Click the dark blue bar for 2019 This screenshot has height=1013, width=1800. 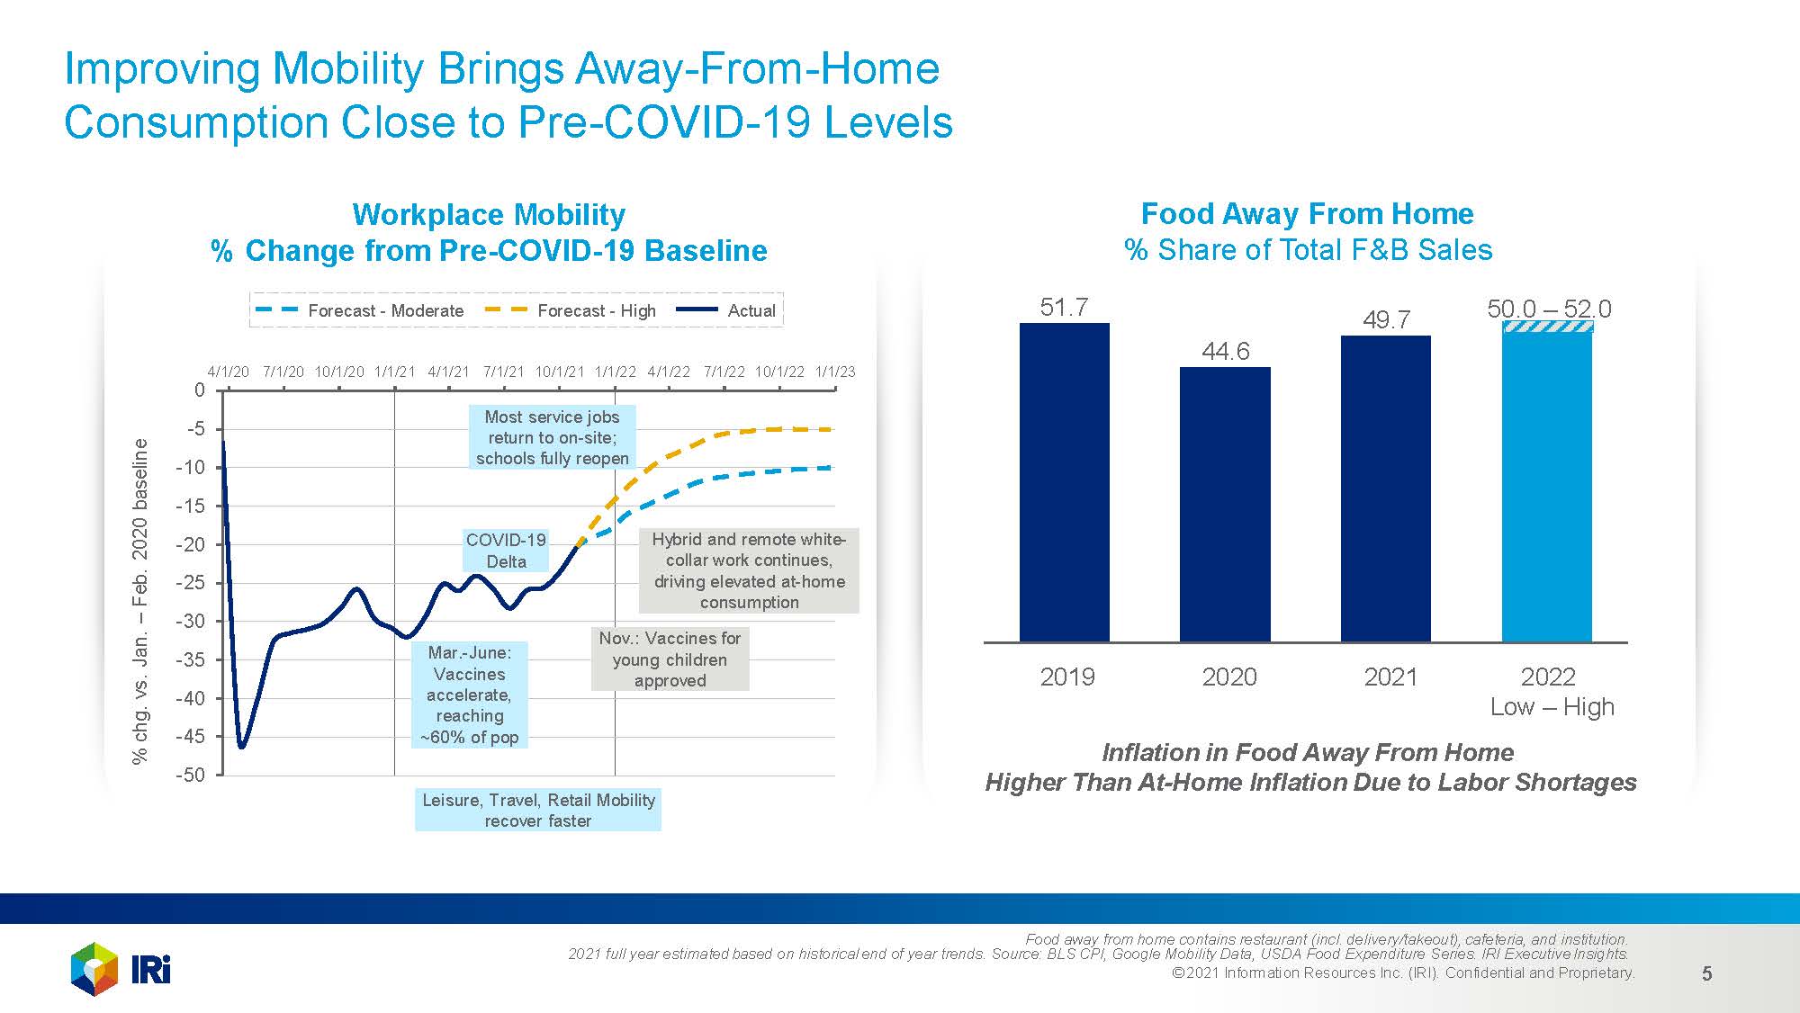pos(1064,482)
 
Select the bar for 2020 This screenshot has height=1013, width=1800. pos(1225,504)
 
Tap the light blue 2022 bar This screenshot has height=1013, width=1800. pos(1546,487)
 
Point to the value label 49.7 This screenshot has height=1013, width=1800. pos(1386,319)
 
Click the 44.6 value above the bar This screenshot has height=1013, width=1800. pos(1225,351)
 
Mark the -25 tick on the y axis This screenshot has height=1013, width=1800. pos(190,582)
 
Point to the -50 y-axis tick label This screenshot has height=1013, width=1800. pos(190,775)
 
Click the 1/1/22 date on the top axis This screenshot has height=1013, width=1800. pos(616,372)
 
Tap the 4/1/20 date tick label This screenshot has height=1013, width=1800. pos(228,372)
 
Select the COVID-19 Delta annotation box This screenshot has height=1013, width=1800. pos(506,551)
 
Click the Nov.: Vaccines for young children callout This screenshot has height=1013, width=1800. pos(670,659)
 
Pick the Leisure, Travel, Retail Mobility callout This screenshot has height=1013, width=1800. pos(538,810)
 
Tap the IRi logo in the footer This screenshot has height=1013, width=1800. pos(121,969)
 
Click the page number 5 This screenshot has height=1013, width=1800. pos(1706,973)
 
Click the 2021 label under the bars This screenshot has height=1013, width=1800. pos(1390,677)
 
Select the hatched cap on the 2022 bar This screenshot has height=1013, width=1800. pos(1547,327)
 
